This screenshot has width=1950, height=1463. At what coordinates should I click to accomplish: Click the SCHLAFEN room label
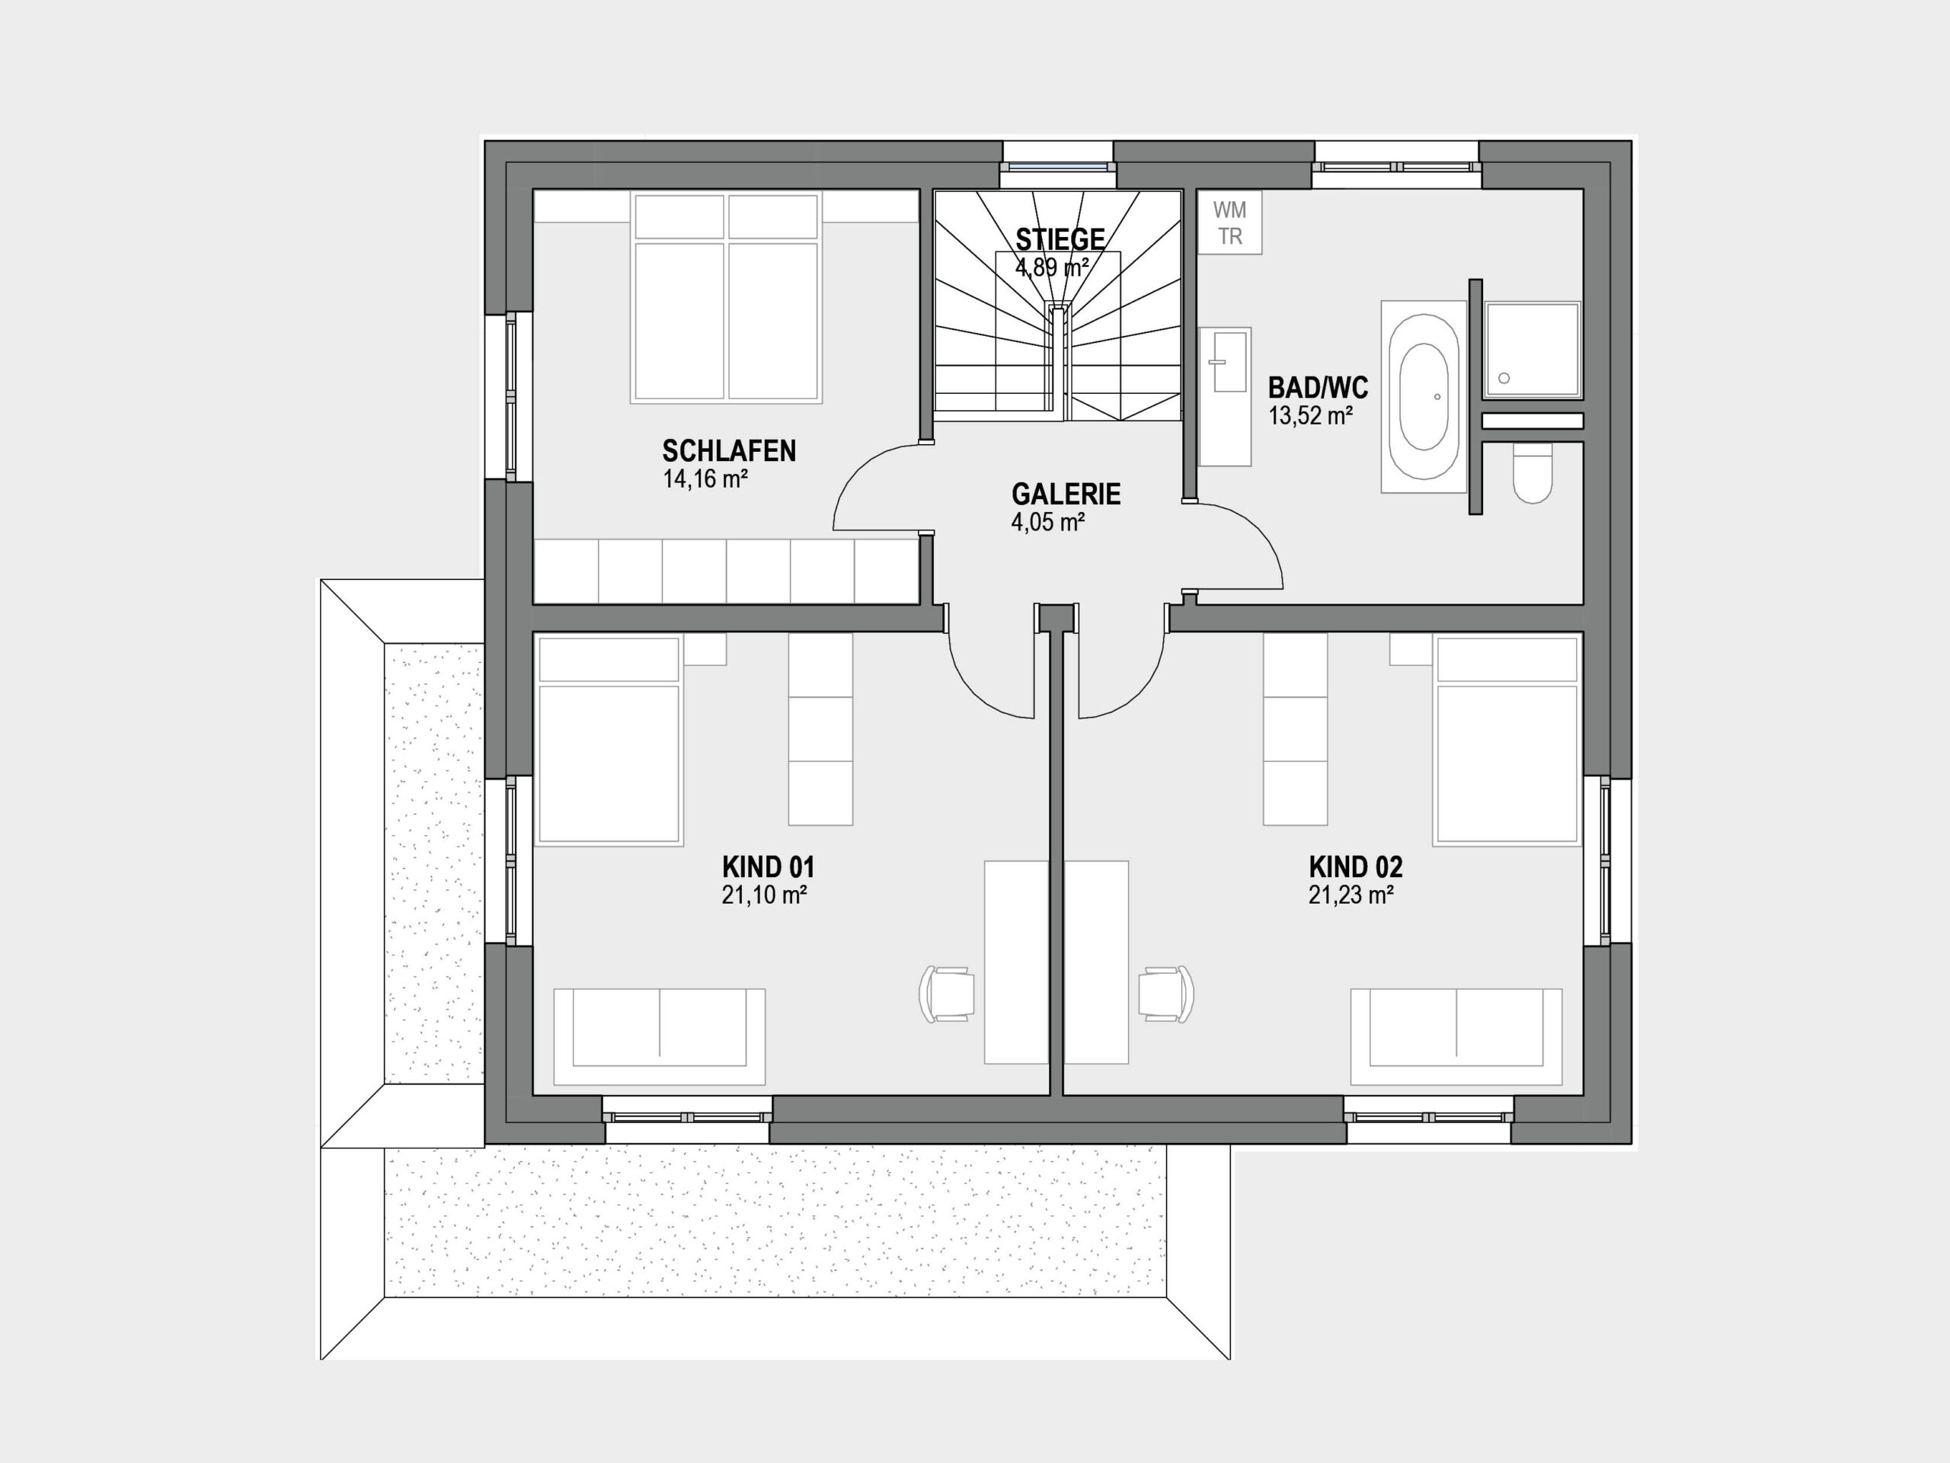coord(729,452)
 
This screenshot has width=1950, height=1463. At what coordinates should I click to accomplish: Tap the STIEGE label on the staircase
coord(1060,239)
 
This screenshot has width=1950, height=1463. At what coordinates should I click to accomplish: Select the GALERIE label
coord(1066,494)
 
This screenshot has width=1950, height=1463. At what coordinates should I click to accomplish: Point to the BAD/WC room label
coord(1318,387)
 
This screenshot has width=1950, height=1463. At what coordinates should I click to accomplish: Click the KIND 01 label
coord(768,867)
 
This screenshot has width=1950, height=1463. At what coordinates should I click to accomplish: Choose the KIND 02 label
coord(1355,867)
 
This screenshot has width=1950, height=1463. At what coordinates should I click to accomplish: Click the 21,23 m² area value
coord(1351,895)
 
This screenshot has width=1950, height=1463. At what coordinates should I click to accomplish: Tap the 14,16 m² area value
coord(705,480)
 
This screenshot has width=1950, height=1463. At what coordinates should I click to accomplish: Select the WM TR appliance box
coord(1229,223)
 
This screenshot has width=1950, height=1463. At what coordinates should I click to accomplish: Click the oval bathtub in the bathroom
coord(1423,397)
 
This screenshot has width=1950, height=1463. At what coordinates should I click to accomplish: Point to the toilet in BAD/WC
coord(1532,472)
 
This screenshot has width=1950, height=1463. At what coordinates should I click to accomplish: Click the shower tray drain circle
coord(1504,378)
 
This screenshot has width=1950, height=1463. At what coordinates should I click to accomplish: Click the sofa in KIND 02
coord(1456,1036)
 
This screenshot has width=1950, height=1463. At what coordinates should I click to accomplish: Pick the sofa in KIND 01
coord(660,1036)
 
